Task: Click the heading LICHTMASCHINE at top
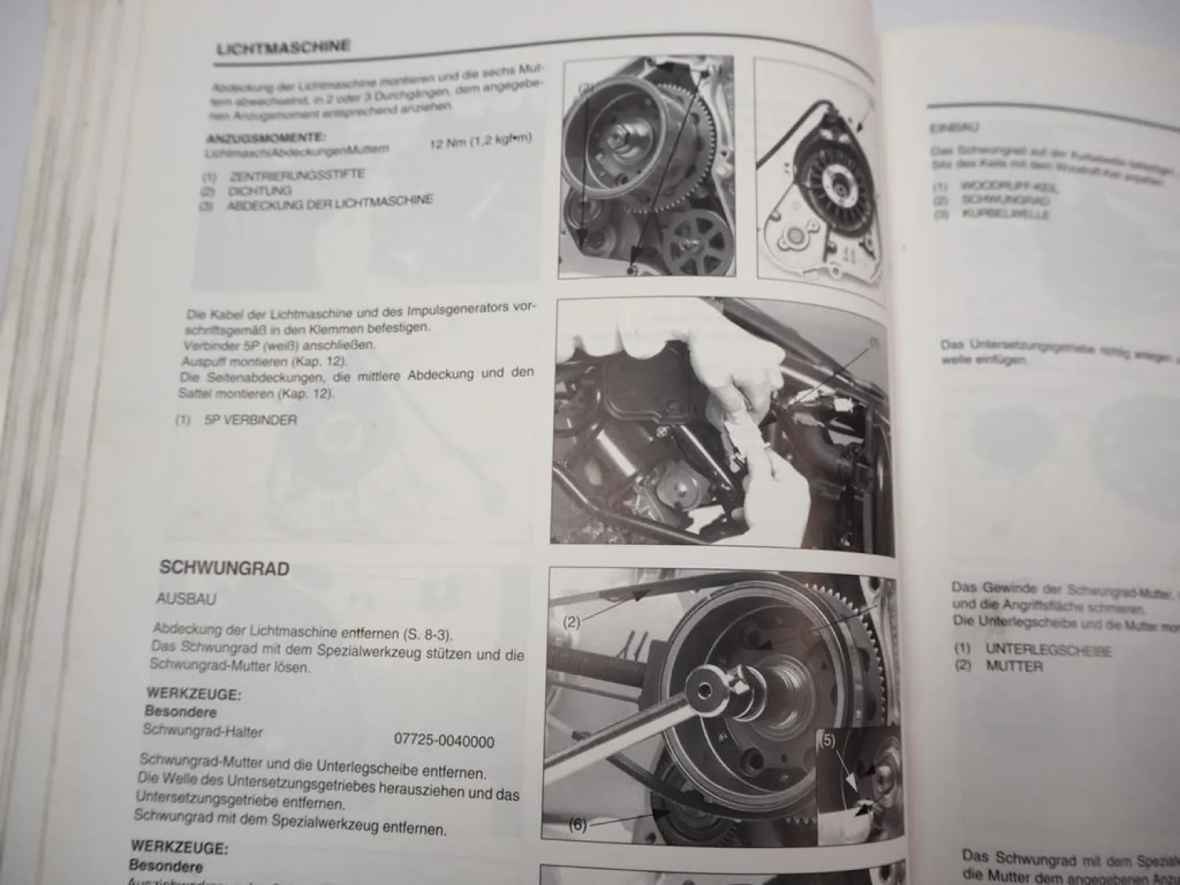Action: point(283,47)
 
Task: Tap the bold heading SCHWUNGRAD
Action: point(224,568)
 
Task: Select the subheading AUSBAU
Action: point(186,599)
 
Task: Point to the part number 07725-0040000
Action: point(444,741)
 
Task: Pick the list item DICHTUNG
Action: point(260,190)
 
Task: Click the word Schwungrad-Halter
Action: point(203,730)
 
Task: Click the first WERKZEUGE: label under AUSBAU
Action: point(194,694)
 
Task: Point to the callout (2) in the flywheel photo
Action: point(572,622)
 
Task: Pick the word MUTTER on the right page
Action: point(1014,666)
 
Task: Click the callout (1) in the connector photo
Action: point(873,344)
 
